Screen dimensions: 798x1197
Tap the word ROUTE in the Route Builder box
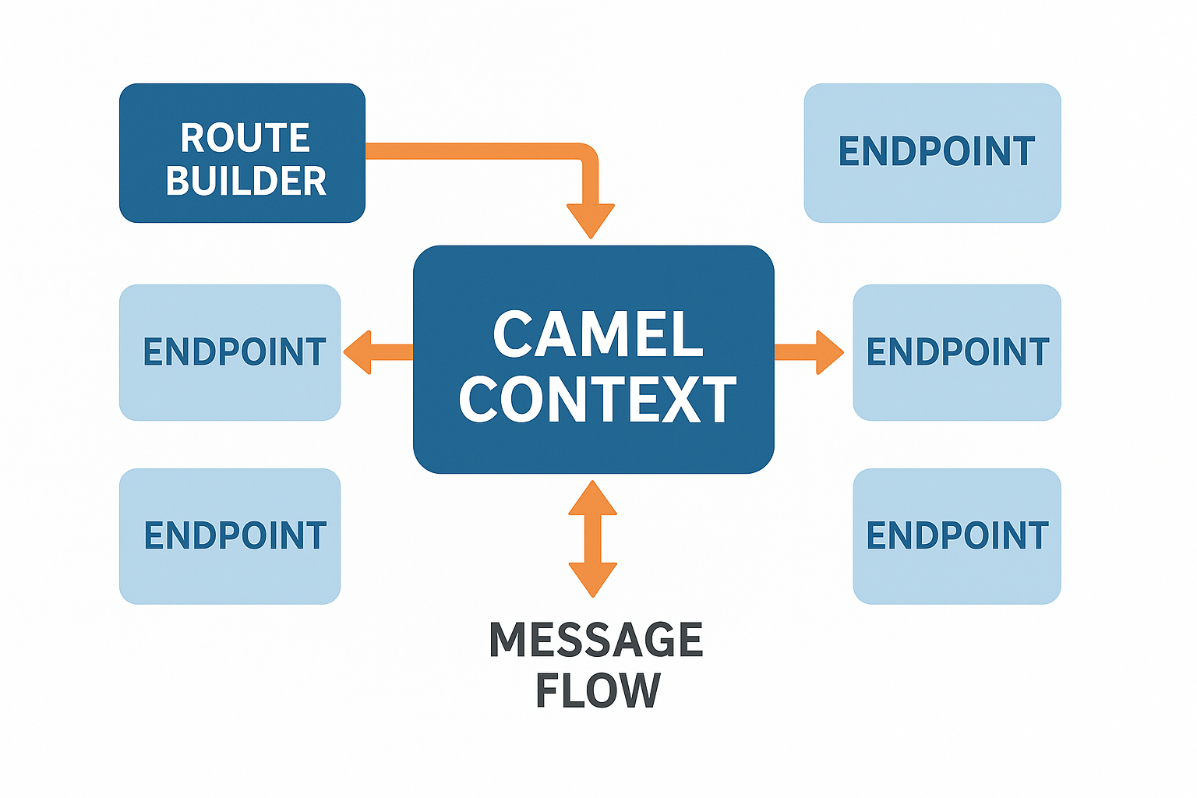pos(245,139)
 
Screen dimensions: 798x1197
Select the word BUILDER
pos(245,181)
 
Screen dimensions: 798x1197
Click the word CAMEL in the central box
pos(598,335)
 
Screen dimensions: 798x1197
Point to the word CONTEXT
pos(598,400)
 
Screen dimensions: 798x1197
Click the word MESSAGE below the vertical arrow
pos(595,640)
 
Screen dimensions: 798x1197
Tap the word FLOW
pos(598,690)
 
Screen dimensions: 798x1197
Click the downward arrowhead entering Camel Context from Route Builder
pos(591,220)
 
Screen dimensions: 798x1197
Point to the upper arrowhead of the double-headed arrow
pos(592,499)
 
